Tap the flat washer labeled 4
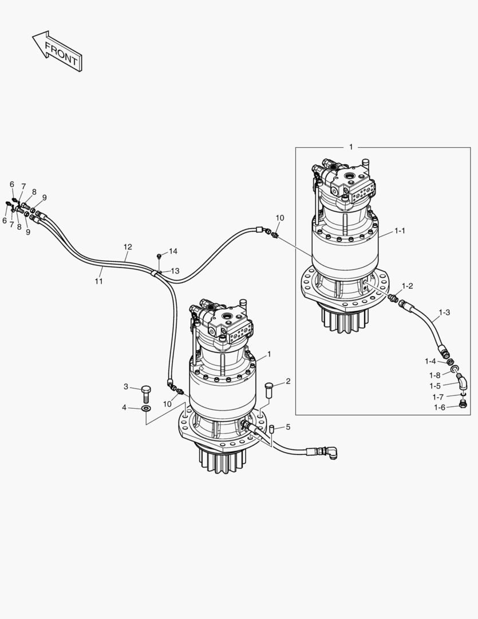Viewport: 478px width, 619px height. [x=145, y=409]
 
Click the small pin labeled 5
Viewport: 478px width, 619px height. [x=273, y=428]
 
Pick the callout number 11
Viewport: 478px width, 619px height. [x=98, y=281]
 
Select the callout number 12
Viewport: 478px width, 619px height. [x=128, y=247]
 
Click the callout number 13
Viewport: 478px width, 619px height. [x=175, y=271]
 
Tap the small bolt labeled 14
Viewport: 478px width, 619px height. [x=159, y=255]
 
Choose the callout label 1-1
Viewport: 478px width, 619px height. [x=400, y=230]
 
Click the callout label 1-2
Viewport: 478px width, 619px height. [x=407, y=285]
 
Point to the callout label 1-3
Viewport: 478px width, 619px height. [x=444, y=312]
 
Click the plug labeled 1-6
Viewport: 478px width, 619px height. [x=463, y=406]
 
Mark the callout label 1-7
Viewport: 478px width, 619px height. [x=438, y=397]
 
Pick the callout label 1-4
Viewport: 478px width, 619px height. [x=430, y=361]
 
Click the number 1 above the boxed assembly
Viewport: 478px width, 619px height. [x=351, y=147]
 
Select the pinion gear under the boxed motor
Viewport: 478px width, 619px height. [x=343, y=320]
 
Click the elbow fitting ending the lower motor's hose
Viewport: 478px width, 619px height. [x=331, y=453]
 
